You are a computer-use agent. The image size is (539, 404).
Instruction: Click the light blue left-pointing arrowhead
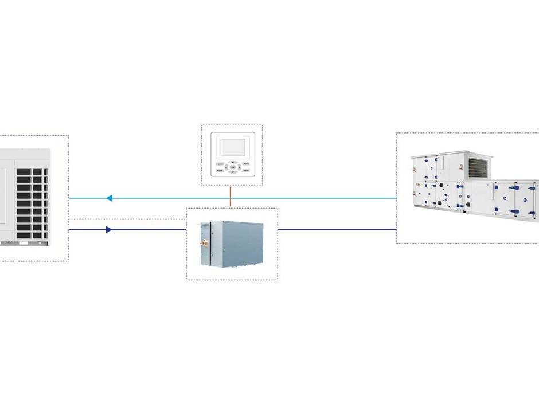coord(109,198)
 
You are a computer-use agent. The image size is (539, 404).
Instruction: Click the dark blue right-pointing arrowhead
coord(109,230)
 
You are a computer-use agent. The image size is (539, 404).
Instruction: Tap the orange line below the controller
coord(231,196)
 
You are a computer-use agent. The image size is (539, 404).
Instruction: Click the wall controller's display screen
coord(232,147)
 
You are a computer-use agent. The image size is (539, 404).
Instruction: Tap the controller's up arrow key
coord(232,162)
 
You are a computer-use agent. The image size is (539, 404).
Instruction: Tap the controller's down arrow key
coord(232,171)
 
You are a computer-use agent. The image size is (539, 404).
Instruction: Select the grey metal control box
coord(232,243)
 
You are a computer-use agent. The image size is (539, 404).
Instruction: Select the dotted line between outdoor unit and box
coord(126,219)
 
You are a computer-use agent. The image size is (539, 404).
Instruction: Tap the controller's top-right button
coord(245,163)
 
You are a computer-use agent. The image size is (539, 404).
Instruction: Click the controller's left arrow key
coord(226,167)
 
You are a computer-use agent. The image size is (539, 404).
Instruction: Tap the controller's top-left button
coord(219,163)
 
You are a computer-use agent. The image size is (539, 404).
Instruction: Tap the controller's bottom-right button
coord(245,171)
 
